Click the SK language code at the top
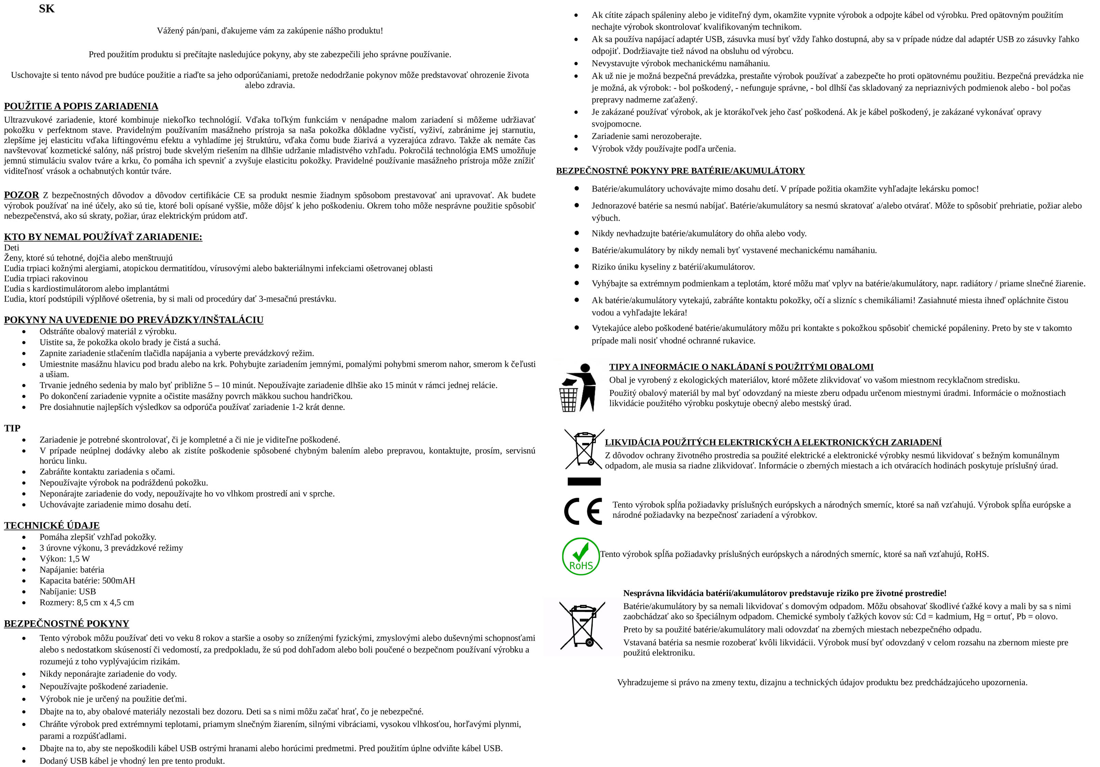click(x=47, y=9)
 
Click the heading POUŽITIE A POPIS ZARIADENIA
click(x=81, y=106)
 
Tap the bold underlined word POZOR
click(x=21, y=195)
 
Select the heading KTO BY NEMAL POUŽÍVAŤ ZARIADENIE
click(x=103, y=237)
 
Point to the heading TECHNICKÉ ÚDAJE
click(x=52, y=525)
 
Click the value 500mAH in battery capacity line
click(x=118, y=580)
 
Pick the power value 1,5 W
click(x=79, y=559)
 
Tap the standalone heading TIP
click(x=12, y=428)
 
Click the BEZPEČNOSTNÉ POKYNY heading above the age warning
click(x=67, y=623)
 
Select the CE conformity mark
click(x=583, y=511)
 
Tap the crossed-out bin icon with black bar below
click(x=584, y=455)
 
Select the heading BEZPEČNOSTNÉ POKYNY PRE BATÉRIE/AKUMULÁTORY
click(x=680, y=171)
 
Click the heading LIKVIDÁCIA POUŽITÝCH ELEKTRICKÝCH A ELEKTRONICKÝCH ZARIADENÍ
click(x=773, y=442)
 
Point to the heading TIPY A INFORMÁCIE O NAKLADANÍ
click(x=741, y=367)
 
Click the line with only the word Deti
click(x=12, y=247)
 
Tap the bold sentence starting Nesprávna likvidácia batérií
click(x=785, y=593)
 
